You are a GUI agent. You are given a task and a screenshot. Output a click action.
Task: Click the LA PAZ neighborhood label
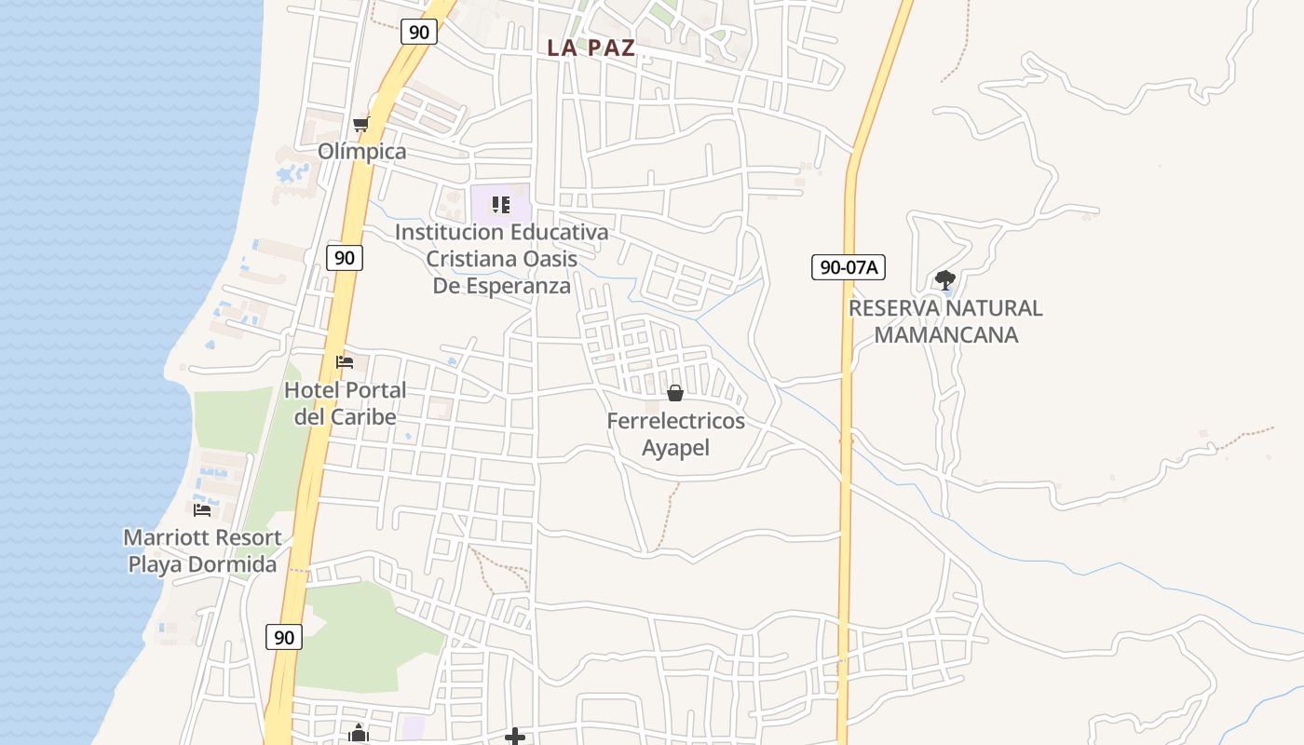[x=591, y=48]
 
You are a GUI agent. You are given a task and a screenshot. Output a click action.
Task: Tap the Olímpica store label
[x=362, y=152]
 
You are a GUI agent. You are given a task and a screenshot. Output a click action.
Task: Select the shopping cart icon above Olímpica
[x=360, y=125]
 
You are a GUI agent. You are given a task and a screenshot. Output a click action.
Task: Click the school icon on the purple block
[x=501, y=204]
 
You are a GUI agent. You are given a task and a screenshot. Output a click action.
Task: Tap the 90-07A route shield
[x=848, y=268]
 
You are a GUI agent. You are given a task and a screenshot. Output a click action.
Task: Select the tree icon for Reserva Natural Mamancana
[x=945, y=279]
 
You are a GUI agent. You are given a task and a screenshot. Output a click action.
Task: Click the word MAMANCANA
[x=945, y=334]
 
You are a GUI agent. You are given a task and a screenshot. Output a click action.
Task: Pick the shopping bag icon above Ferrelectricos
[x=675, y=393]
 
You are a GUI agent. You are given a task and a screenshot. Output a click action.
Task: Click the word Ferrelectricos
[x=675, y=421]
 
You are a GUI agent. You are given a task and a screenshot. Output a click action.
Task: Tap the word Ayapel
[x=675, y=448]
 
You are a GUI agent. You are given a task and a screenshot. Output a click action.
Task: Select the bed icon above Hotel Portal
[x=345, y=362]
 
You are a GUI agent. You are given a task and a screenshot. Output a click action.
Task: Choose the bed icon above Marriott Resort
[x=202, y=509]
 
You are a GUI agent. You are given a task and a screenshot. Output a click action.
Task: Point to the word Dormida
[x=233, y=564]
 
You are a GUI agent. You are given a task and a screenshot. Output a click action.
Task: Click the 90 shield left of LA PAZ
[x=419, y=32]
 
